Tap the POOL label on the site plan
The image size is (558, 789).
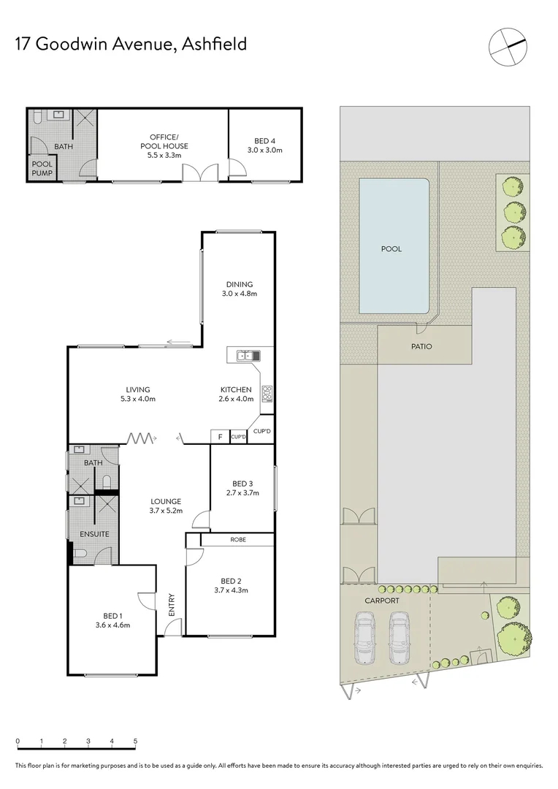[x=391, y=249]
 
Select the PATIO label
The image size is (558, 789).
[x=421, y=346]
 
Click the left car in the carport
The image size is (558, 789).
[x=364, y=637]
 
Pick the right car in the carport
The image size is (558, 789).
[x=400, y=637]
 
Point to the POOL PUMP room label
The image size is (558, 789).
[x=42, y=169]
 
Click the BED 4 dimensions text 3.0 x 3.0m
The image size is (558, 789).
[x=264, y=150]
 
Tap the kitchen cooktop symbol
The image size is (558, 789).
[x=267, y=392]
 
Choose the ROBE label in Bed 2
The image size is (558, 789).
[x=237, y=540]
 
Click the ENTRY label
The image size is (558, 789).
[x=172, y=606]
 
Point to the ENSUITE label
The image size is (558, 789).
[x=95, y=534]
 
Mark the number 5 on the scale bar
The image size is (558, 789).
[x=135, y=741]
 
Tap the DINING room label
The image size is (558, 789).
[x=239, y=285]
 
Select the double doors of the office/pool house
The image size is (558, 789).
[x=199, y=172]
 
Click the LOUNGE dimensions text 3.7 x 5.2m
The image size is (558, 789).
[x=166, y=511]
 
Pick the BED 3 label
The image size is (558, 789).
[x=242, y=484]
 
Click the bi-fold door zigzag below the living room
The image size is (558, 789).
[x=141, y=438]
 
